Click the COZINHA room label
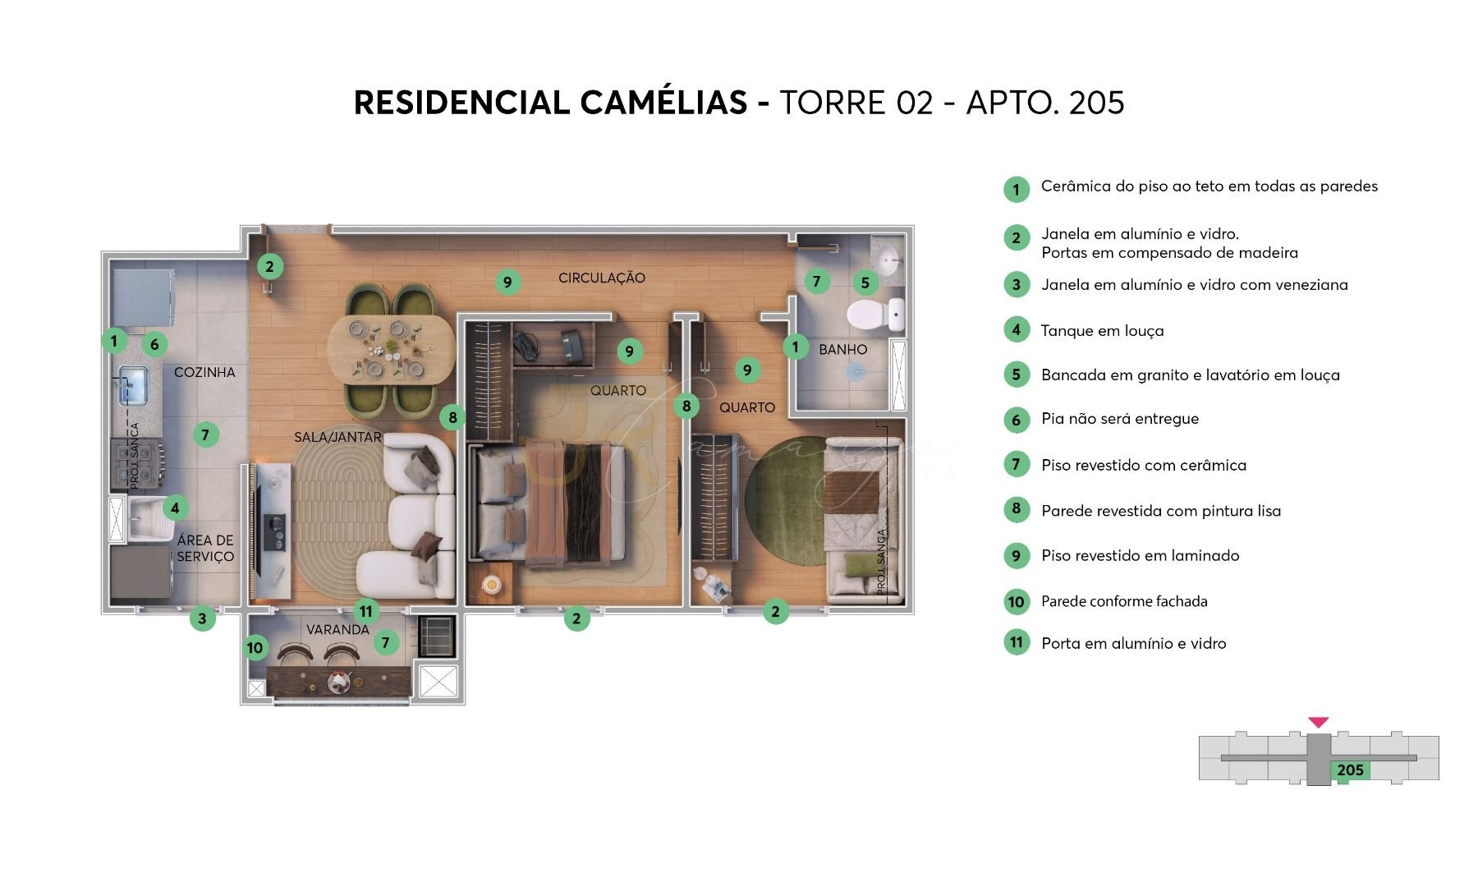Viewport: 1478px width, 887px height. pos(204,372)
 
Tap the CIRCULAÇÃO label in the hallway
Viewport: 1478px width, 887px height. pos(602,278)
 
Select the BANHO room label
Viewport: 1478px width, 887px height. pos(842,349)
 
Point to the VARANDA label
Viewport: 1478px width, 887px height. pos(337,630)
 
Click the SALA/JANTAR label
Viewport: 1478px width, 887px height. pos(337,437)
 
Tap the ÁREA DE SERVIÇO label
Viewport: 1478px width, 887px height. pos(205,548)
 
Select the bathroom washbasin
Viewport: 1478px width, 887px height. pos(888,260)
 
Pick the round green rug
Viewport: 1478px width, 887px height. pos(787,499)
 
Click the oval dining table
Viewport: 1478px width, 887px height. pos(391,350)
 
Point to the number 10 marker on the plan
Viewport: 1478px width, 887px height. pos(255,647)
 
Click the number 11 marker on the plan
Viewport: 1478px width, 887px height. pos(366,611)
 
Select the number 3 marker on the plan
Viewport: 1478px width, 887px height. pos(202,618)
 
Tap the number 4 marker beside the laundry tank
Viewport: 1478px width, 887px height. pos(175,508)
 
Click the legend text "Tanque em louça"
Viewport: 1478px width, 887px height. pos(1102,331)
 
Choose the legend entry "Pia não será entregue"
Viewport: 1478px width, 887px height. pos(1120,419)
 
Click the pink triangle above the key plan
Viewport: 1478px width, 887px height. pos(1319,723)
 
